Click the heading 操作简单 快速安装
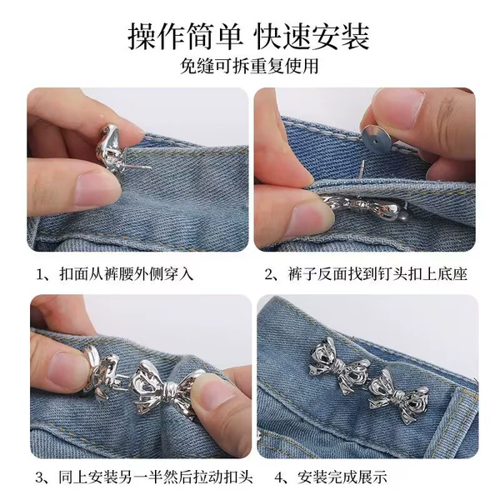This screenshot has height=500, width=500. (x=248, y=37)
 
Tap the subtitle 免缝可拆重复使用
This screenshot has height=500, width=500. (x=249, y=66)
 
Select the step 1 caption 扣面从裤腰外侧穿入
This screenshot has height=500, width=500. (x=114, y=274)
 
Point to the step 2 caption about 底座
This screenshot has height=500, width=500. (x=366, y=274)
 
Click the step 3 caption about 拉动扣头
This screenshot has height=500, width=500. (x=144, y=477)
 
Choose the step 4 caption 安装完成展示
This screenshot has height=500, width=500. (x=331, y=477)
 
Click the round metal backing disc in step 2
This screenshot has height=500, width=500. (x=377, y=139)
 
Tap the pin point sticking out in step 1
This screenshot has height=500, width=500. (x=151, y=167)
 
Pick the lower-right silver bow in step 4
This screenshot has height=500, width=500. (x=399, y=396)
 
